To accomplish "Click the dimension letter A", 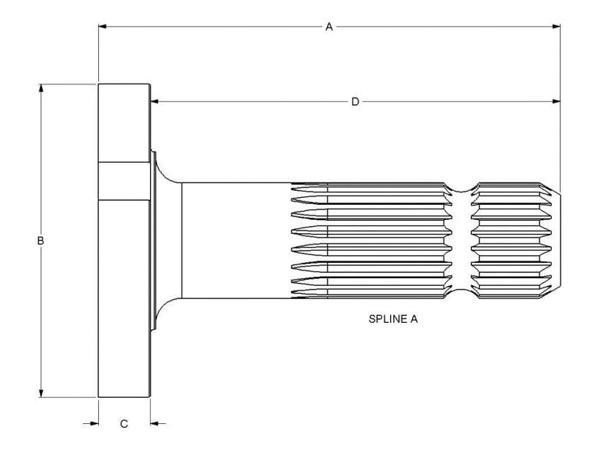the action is click(x=329, y=27).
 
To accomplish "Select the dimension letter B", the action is click(x=41, y=241).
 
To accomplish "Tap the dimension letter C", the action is click(x=124, y=424).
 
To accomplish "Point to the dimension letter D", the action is click(x=355, y=102).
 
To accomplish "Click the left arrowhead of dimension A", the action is click(x=103, y=27).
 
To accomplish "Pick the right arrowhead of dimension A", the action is click(x=556, y=27).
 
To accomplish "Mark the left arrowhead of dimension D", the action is click(x=155, y=102).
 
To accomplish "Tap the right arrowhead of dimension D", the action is click(x=556, y=102).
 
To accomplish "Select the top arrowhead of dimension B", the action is click(x=41, y=89).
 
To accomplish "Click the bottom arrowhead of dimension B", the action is click(x=41, y=393).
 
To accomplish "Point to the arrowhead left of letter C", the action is click(x=93, y=423).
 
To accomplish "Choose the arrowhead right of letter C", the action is click(x=156, y=423).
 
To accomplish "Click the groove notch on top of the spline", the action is click(x=462, y=188).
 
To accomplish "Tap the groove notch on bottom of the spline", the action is click(x=462, y=294).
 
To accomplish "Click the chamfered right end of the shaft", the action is click(x=556, y=241).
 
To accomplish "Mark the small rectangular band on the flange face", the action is click(x=124, y=181).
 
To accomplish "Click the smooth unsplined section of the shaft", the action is click(x=237, y=241).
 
